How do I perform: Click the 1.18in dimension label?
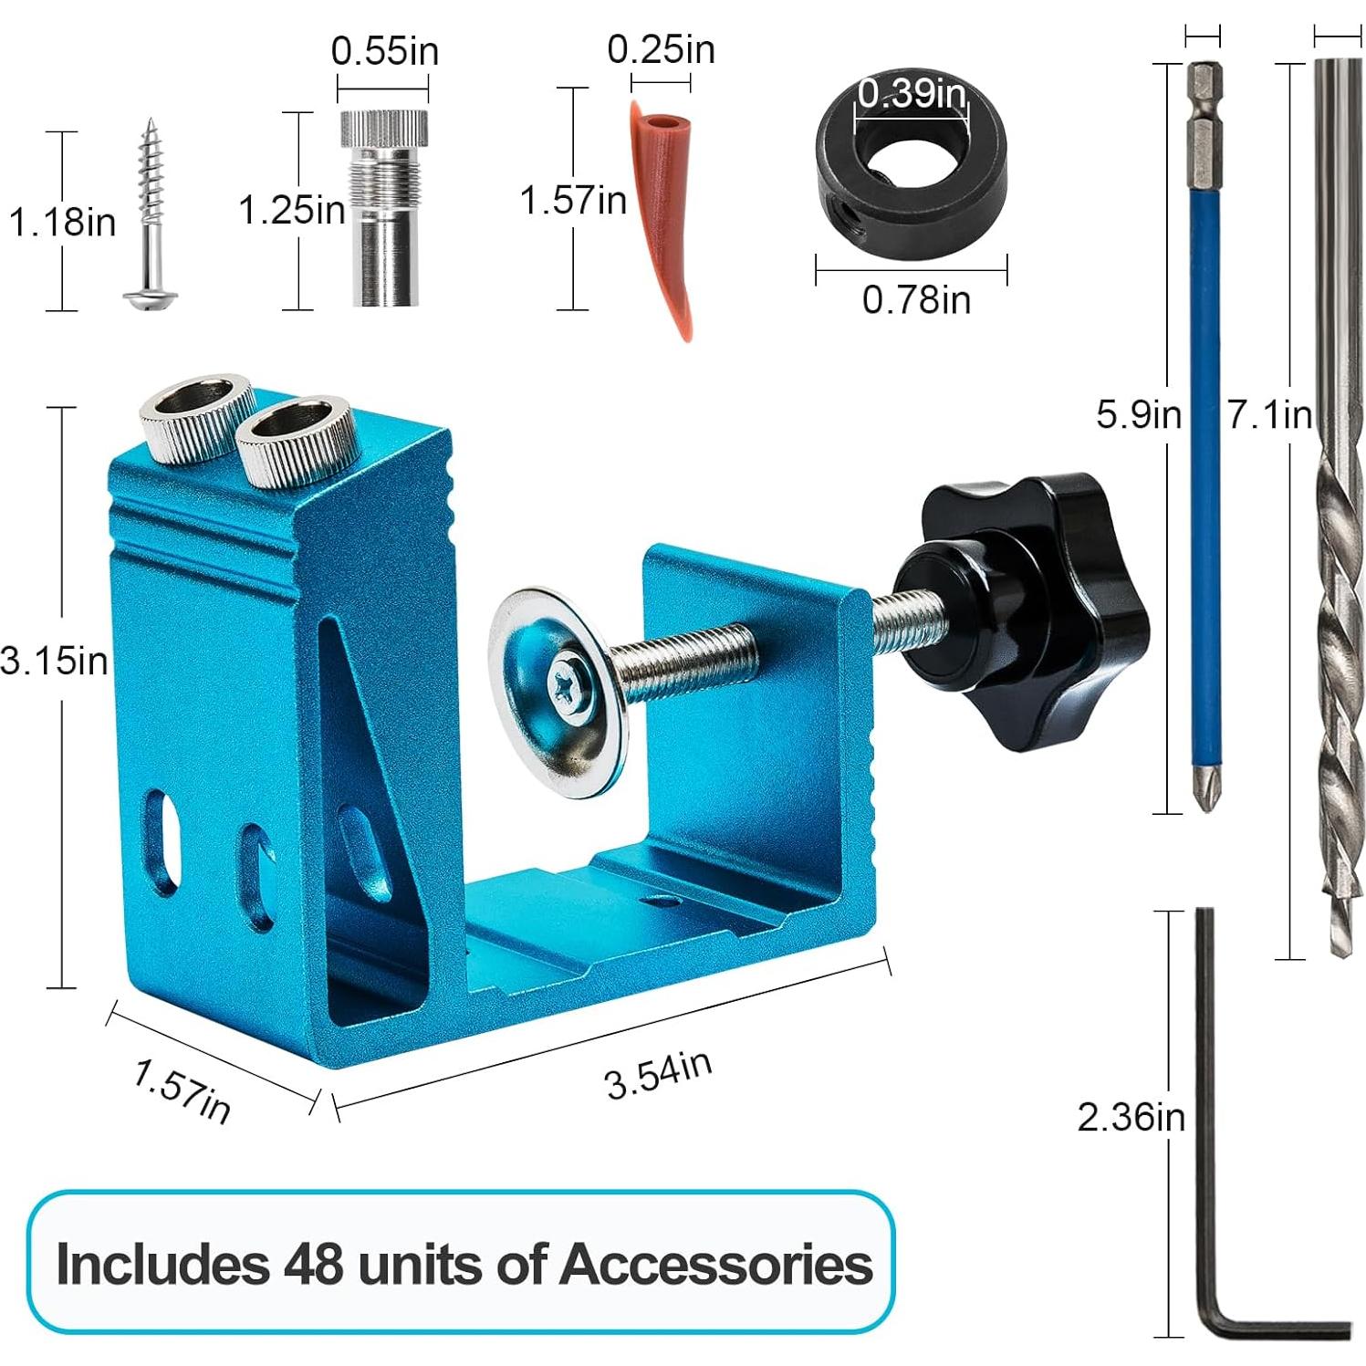click(x=62, y=221)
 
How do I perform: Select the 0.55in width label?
click(x=384, y=51)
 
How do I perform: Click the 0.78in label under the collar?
click(x=916, y=299)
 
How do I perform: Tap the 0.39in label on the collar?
click(x=911, y=93)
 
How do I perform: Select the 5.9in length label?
click(x=1138, y=415)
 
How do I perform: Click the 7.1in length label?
click(x=1268, y=415)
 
